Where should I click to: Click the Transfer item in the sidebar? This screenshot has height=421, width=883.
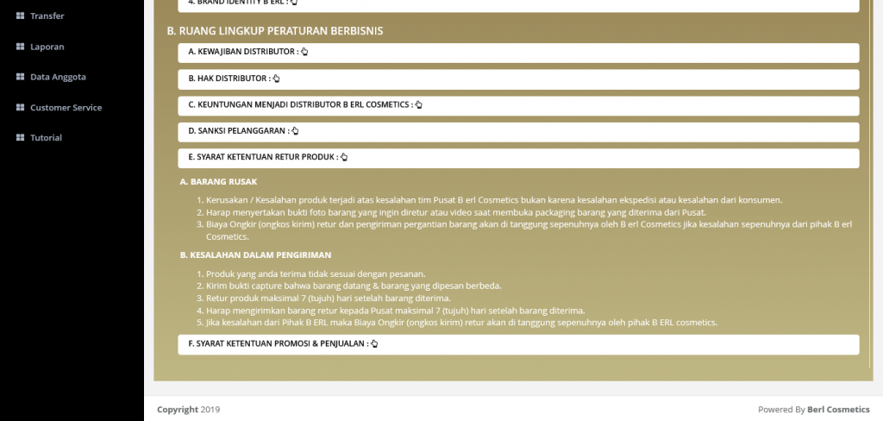47,16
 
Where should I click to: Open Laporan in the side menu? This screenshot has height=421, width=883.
47,47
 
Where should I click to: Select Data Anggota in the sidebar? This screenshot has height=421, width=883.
58,77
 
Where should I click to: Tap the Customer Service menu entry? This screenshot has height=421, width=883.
66,108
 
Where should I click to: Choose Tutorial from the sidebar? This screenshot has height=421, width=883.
46,138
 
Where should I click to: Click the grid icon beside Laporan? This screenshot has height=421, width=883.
20,47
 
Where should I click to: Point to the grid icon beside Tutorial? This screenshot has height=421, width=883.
20,138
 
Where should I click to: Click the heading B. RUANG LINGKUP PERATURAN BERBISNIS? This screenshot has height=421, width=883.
275,31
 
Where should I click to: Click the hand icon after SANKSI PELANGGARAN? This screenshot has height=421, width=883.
295,131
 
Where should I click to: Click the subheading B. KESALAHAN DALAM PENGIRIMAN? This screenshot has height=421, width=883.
255,255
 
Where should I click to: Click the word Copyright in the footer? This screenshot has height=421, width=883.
177,410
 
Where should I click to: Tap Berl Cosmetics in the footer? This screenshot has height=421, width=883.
838,410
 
